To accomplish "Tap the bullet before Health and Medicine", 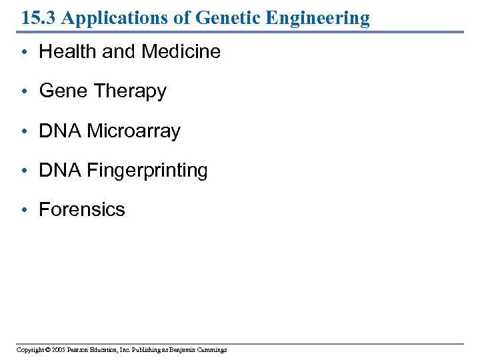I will click(23, 53).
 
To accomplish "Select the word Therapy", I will click(133, 91).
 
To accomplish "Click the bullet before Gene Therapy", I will click(23, 92).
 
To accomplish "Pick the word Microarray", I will click(134, 131).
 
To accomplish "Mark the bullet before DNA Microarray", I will click(23, 131).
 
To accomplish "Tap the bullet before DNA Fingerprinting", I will click(23, 171).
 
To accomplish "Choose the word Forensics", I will click(82, 209).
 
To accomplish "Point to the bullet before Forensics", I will click(23, 210).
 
